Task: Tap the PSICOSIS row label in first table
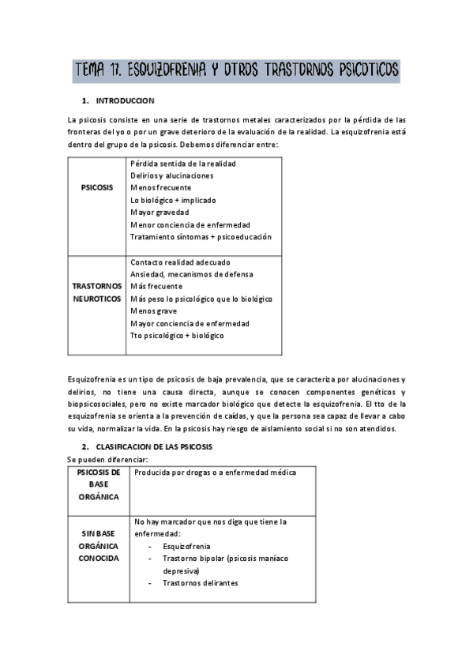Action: pos(97,188)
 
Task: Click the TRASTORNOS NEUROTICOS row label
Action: pos(97,292)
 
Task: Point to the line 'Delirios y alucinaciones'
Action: pos(168,175)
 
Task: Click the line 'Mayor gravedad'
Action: pos(156,213)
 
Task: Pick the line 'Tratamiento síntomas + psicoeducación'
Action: pos(201,236)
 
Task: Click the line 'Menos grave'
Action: pos(153,311)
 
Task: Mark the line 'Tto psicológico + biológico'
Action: pos(177,335)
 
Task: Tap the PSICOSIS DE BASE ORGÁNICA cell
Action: pos(99,484)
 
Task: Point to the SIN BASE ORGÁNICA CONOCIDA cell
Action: pos(99,545)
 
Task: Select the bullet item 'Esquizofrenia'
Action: pos(186,545)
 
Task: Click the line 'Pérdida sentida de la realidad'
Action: pos(182,163)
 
